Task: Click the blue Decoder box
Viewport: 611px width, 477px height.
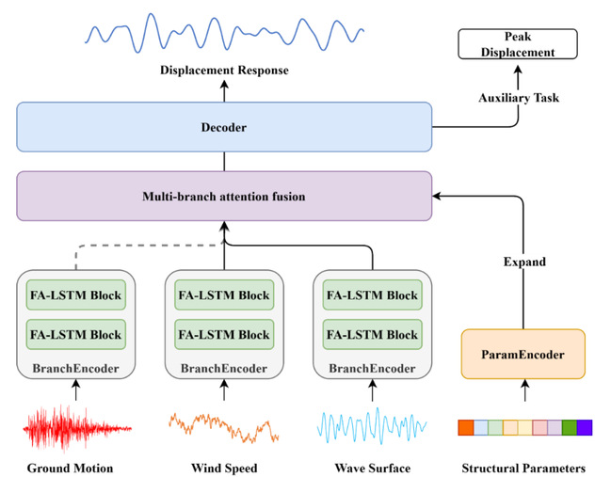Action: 224,126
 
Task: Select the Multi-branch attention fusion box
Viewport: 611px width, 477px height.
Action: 224,196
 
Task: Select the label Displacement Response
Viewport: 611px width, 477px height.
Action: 224,71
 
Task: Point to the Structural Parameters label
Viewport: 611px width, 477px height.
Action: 523,468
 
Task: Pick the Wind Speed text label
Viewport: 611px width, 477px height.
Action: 224,468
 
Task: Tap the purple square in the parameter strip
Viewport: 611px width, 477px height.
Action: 584,428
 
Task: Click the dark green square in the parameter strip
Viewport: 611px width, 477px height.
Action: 569,428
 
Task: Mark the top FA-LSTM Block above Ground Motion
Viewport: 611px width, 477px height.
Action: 75,295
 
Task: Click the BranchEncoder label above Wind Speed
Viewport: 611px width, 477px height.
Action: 224,368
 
